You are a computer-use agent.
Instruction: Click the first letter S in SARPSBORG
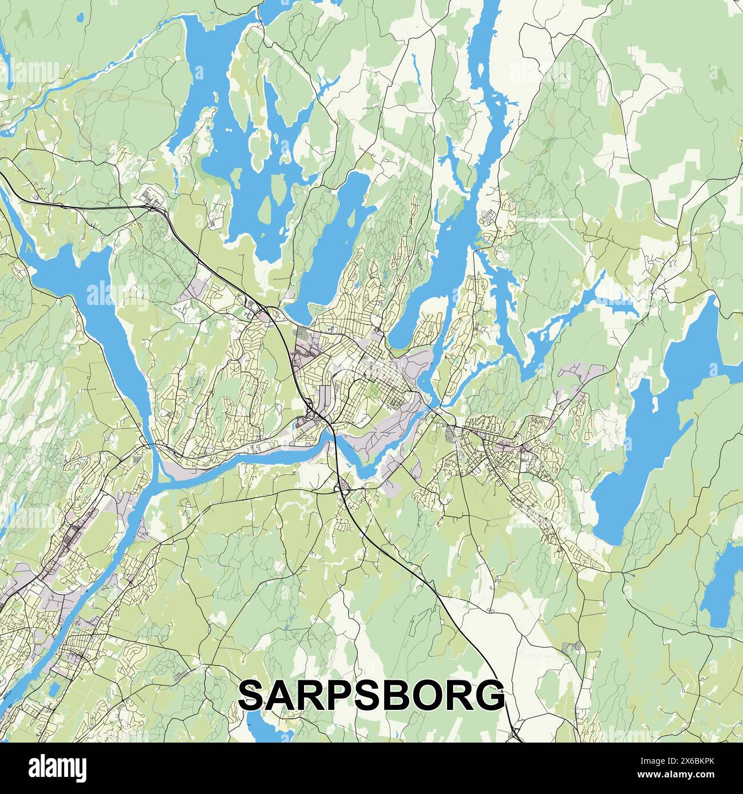click(253, 695)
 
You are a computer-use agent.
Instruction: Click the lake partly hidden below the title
click(269, 727)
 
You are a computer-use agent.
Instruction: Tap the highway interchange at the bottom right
click(516, 733)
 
